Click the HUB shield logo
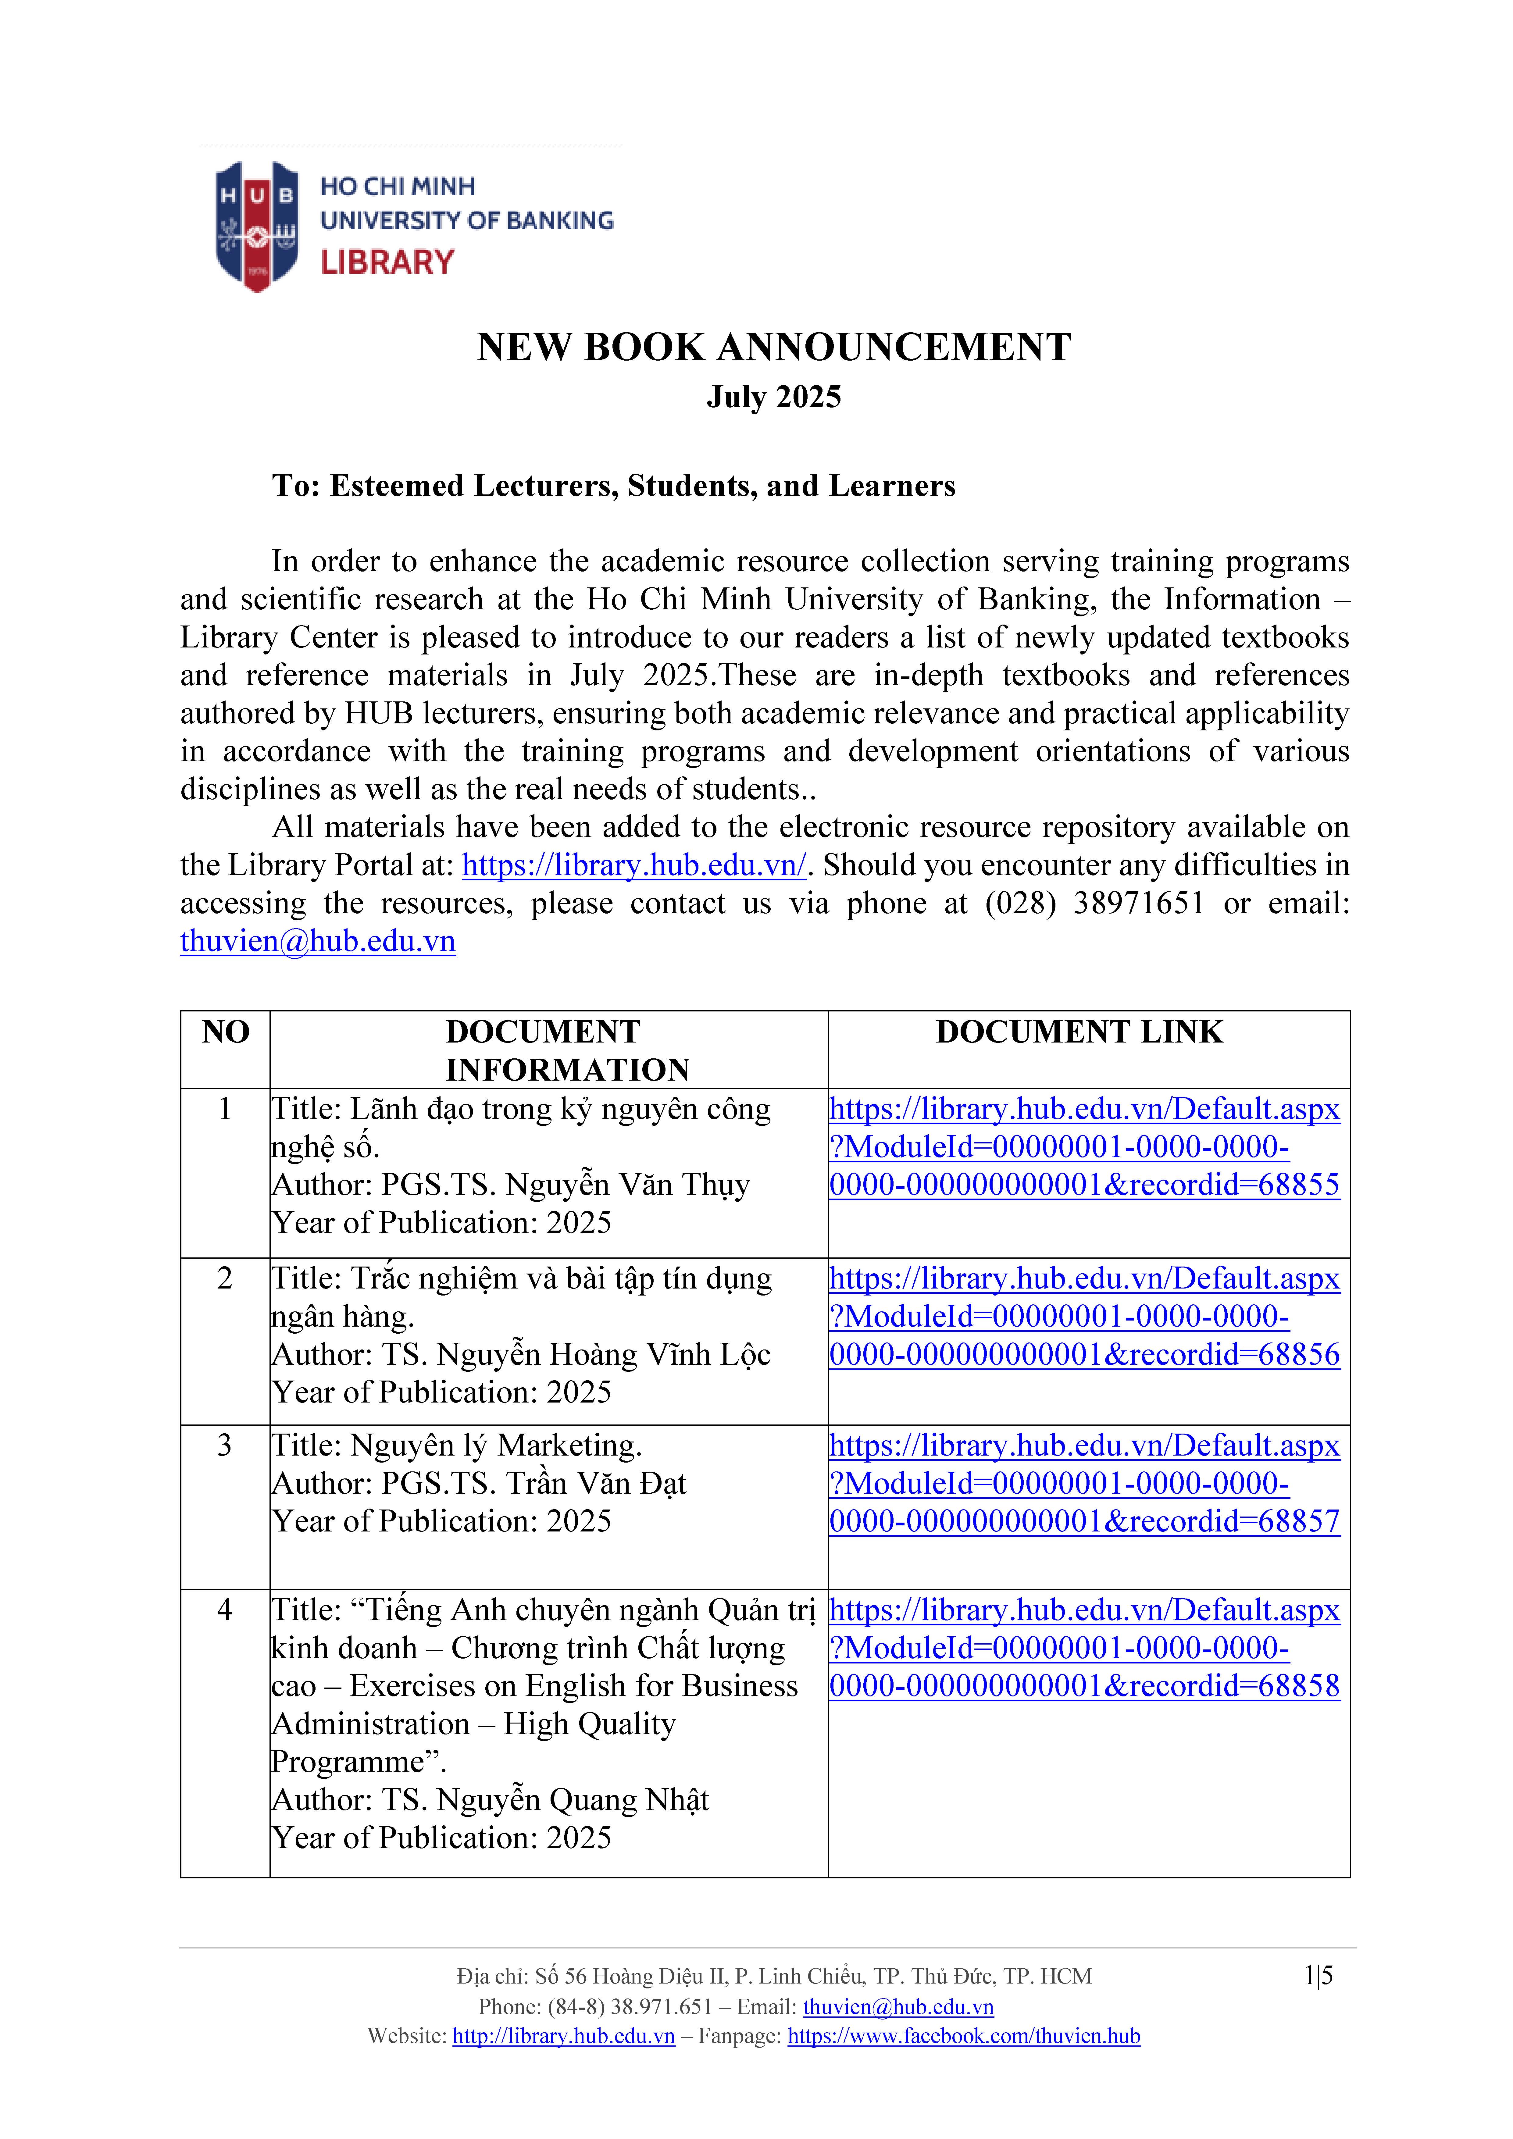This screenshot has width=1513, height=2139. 257,226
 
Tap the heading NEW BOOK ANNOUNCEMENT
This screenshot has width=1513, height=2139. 773,348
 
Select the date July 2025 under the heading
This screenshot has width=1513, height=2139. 773,397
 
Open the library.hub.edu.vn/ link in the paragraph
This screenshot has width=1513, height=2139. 633,865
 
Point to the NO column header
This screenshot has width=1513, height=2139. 226,1032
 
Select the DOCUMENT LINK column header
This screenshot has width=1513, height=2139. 1079,1032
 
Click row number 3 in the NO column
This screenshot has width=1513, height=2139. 225,1445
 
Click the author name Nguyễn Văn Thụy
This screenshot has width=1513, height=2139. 627,1185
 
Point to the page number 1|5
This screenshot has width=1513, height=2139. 1318,1976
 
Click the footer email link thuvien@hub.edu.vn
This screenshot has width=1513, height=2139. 898,2007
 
